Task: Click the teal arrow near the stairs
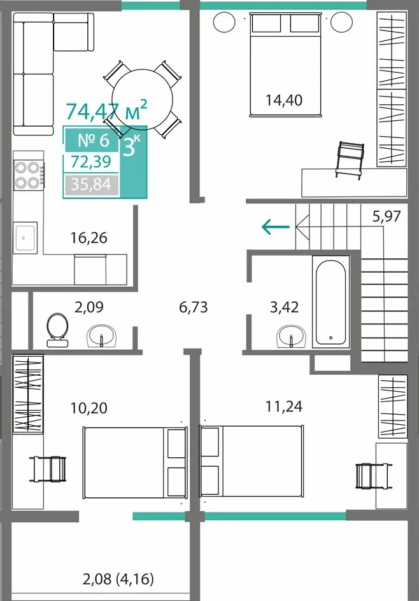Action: tap(276, 226)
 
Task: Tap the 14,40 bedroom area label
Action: tap(284, 100)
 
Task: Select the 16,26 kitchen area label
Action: tap(89, 238)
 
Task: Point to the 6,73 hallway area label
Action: tap(194, 307)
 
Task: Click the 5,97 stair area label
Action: tap(387, 217)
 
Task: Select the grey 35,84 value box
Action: tap(91, 185)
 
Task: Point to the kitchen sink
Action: tap(25, 238)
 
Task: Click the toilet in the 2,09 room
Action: tap(57, 331)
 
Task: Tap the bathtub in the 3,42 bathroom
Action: tap(330, 302)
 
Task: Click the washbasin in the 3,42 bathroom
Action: tap(291, 336)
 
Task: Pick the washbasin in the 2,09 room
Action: tap(102, 336)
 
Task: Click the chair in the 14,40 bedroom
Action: tap(350, 159)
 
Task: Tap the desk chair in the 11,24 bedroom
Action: tap(374, 476)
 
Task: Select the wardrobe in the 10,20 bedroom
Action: tap(28, 394)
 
